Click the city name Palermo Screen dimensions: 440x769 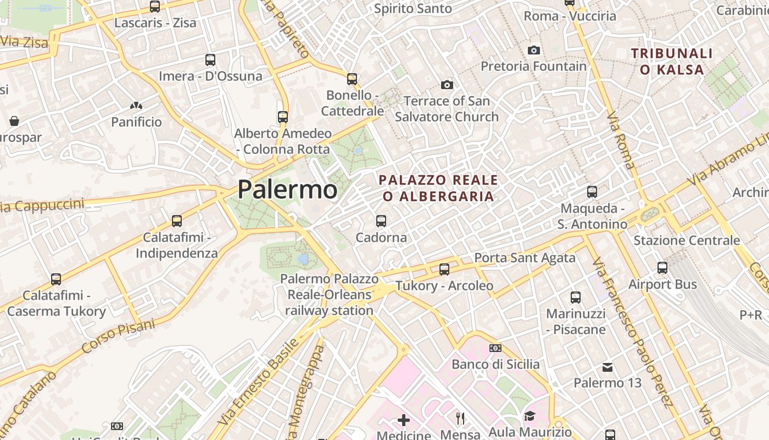287,189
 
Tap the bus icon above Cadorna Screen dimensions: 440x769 381,221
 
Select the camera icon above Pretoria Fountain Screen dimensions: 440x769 533,50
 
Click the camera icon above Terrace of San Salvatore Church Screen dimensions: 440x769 447,85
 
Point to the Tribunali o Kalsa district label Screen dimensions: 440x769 672,62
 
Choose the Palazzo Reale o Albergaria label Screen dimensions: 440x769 438,188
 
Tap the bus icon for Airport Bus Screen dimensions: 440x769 662,268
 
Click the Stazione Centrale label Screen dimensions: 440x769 687,240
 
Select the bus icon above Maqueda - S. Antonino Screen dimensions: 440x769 592,192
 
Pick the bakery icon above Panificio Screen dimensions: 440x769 136,105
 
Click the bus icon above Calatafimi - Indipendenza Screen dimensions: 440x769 177,221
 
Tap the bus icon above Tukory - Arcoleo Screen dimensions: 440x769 444,269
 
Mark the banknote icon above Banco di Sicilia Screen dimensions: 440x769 495,348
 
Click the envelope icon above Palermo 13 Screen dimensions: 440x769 608,367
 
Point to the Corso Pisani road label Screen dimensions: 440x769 118,336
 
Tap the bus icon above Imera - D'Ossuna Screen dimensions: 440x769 210,60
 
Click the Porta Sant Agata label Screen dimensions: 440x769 525,257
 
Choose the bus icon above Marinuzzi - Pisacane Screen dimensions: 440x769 576,298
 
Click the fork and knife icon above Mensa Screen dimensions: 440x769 460,419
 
